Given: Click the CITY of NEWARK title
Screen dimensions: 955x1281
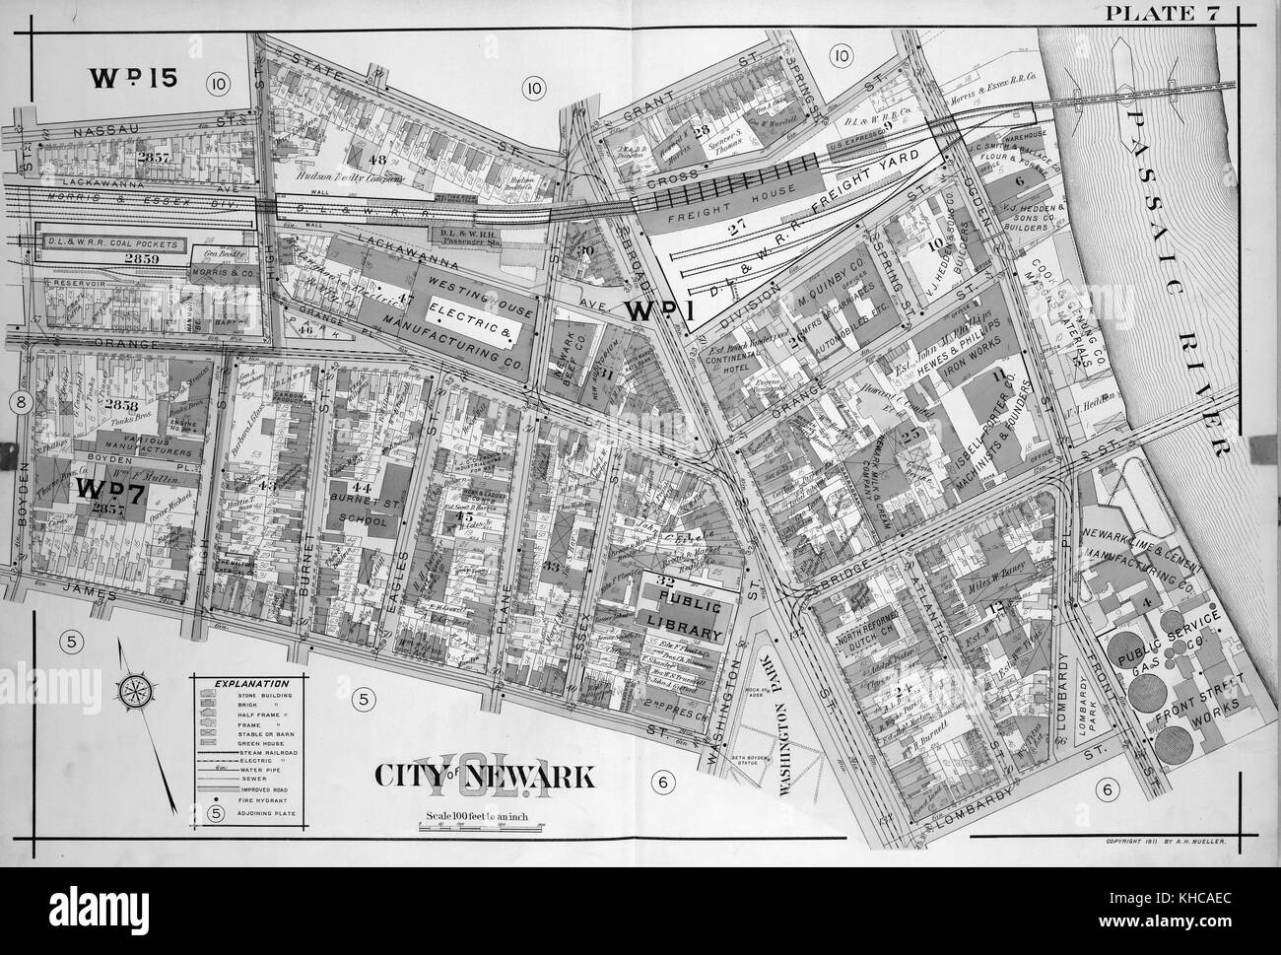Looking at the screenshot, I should pyautogui.click(x=483, y=777).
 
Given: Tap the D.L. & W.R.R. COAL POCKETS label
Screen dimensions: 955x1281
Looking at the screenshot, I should pyautogui.click(x=111, y=243).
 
